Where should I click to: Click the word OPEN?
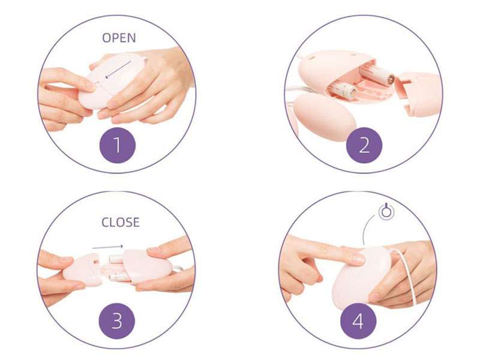coord(119,38)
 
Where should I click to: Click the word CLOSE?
coord(120,223)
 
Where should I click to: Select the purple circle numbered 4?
coord(358,322)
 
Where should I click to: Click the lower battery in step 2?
coord(342,91)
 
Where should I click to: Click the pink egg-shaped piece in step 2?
coord(325,115)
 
